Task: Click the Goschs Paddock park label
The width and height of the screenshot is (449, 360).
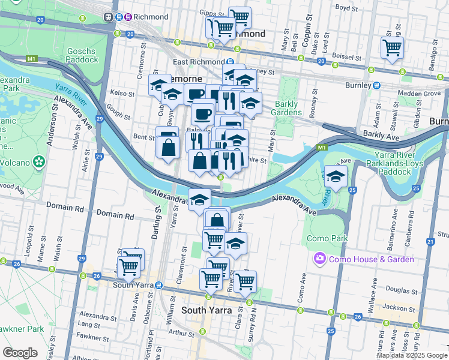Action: (83, 55)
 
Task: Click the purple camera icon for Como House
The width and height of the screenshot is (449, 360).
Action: (319, 259)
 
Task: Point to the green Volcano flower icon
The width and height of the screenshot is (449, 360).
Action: (40, 161)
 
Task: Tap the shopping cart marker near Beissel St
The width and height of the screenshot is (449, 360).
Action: (392, 47)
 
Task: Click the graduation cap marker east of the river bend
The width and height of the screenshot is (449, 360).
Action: (336, 176)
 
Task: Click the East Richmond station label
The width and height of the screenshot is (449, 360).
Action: (198, 62)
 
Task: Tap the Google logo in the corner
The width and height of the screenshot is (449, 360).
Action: (20, 353)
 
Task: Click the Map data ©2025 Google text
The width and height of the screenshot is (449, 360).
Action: (412, 355)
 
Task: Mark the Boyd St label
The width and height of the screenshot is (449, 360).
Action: (346, 8)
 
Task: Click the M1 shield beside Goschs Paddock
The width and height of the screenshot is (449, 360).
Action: (32, 59)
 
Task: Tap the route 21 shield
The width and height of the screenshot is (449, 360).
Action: (430, 241)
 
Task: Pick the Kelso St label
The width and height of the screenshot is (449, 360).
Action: (122, 94)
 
